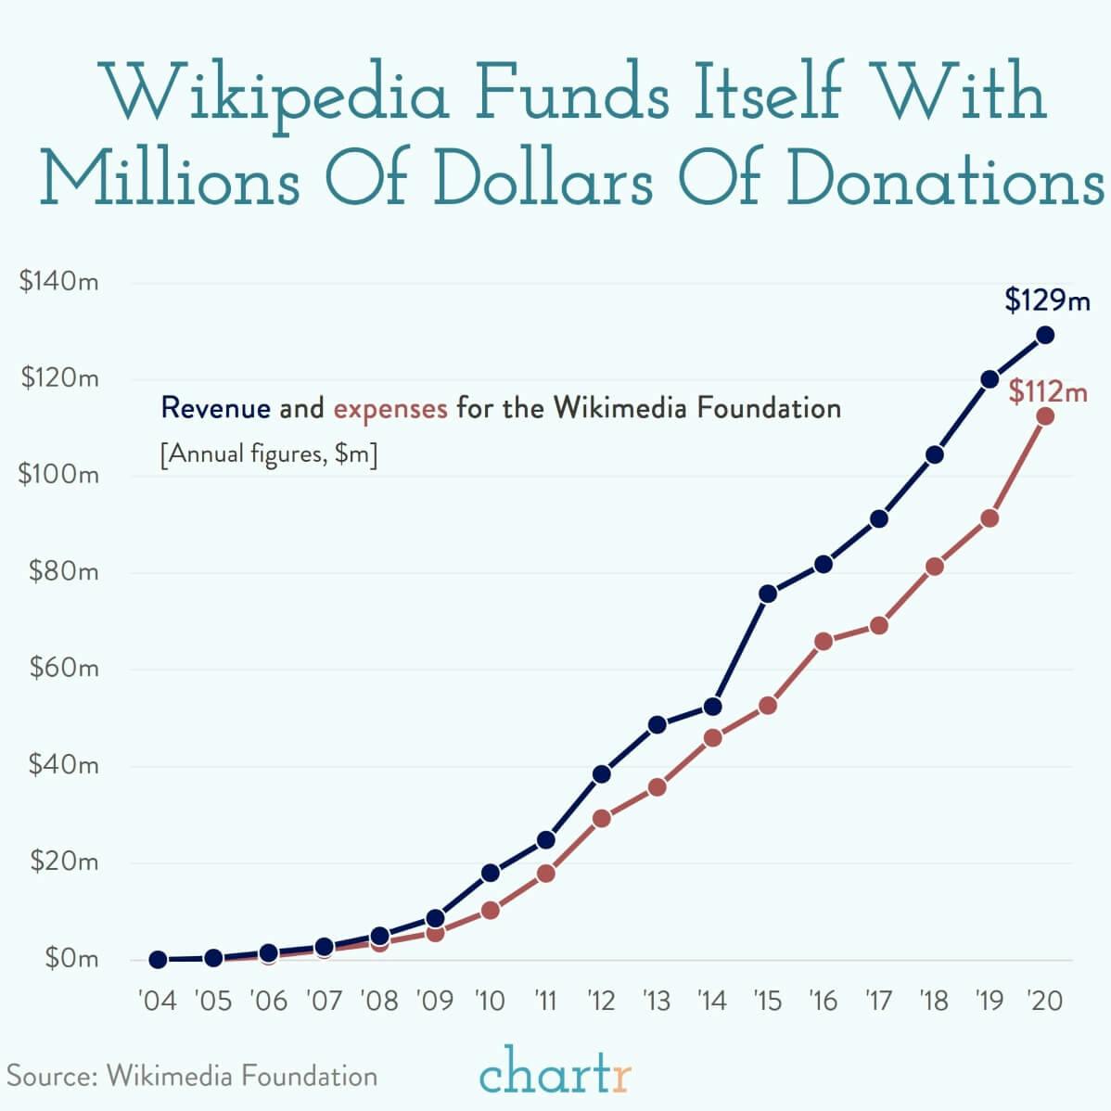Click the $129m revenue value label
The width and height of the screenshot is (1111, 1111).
click(1047, 300)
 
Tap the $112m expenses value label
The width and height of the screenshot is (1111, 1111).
click(1047, 392)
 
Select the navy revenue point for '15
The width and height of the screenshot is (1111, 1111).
click(768, 594)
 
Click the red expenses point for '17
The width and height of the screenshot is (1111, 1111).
click(878, 626)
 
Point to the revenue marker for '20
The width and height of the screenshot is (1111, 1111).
click(1045, 335)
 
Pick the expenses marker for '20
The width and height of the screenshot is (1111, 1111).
click(1045, 416)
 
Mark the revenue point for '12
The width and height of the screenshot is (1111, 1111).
click(601, 774)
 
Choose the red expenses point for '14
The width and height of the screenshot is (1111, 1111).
click(712, 738)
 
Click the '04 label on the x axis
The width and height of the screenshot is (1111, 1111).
click(157, 1001)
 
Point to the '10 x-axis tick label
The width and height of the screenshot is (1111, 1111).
click(490, 1001)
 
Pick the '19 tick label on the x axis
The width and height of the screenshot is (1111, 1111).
click(990, 1001)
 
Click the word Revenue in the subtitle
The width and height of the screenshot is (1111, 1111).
click(216, 407)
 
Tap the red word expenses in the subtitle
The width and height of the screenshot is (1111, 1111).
click(390, 407)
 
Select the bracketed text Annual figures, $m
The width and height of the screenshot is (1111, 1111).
click(268, 455)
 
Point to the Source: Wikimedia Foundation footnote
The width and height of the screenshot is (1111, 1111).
click(193, 1076)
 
